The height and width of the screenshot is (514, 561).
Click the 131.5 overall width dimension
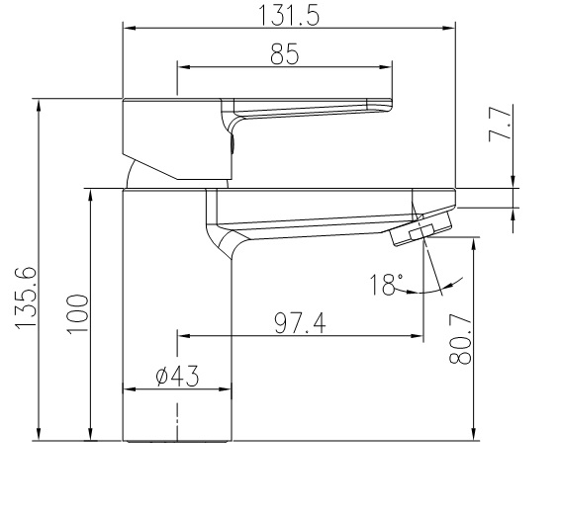pyautogui.click(x=288, y=15)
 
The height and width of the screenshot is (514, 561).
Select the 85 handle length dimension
pyautogui.click(x=284, y=55)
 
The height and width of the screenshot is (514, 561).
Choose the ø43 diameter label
pyautogui.click(x=177, y=376)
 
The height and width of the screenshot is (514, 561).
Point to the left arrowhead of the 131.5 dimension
pyautogui.click(x=127, y=29)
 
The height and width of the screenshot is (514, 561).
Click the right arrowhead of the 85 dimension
pyautogui.click(x=394, y=68)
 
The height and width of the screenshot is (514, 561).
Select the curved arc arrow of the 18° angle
pyautogui.click(x=440, y=289)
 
